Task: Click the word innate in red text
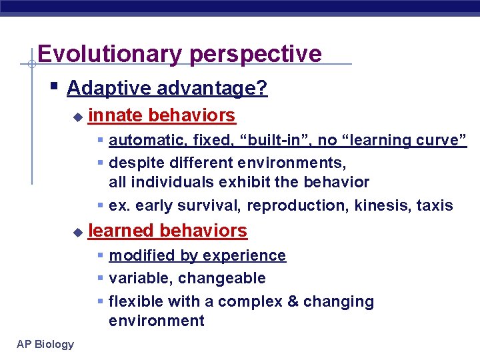(115, 115)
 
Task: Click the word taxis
(435, 205)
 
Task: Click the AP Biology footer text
(45, 344)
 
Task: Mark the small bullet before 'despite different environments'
(100, 163)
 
